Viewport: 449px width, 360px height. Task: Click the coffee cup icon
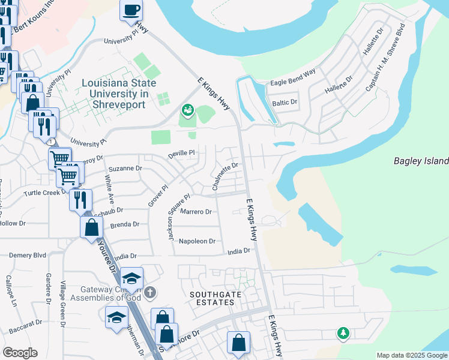coord(131,10)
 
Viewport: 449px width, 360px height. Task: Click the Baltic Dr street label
coord(285,102)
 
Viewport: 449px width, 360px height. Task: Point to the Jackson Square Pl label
coord(179,217)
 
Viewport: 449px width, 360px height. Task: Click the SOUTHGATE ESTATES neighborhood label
coord(212,298)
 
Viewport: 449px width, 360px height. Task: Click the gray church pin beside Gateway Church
coord(150,293)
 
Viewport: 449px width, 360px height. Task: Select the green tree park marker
coord(343,332)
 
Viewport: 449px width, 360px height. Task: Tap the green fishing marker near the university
coord(188,110)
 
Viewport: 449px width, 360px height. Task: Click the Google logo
coord(20,353)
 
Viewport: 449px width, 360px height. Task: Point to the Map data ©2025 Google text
coord(412,355)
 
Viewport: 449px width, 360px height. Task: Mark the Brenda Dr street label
coord(124,224)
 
